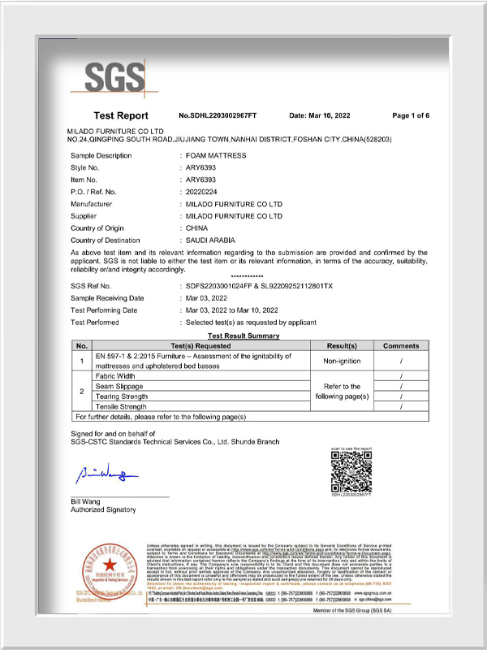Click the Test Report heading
pyautogui.click(x=121, y=116)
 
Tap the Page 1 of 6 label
pyautogui.click(x=412, y=116)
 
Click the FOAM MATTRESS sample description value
pyautogui.click(x=216, y=155)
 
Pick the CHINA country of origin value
pyautogui.click(x=197, y=229)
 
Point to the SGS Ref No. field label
pyautogui.click(x=96, y=286)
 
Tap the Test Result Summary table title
pyautogui.click(x=243, y=336)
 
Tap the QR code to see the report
pyautogui.click(x=351, y=471)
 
